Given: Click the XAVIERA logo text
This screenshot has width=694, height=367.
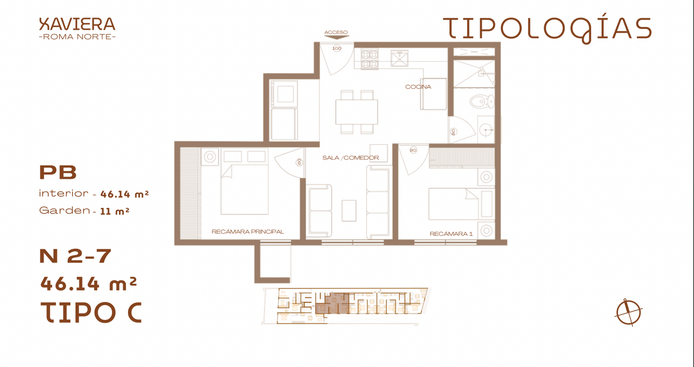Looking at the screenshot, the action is (77, 24).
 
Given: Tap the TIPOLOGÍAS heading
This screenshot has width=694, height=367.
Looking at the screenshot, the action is (547, 28).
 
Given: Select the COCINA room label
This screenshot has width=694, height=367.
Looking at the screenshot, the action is (418, 87).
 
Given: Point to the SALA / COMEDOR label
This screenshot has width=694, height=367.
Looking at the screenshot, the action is (351, 158).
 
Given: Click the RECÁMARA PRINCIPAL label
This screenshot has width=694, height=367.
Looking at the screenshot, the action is (248, 232).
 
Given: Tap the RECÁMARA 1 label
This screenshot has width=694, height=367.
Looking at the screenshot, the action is (451, 234).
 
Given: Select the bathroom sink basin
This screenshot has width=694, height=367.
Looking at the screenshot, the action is (486, 130).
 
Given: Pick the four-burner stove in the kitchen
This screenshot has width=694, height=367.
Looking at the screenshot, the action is (370, 59).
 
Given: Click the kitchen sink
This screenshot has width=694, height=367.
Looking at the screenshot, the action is (399, 59).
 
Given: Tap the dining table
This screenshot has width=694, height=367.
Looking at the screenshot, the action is (356, 112).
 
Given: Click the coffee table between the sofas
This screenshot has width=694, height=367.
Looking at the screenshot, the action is (349, 211).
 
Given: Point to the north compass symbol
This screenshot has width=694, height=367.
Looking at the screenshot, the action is (629, 312).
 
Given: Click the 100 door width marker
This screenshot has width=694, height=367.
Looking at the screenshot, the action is (337, 48).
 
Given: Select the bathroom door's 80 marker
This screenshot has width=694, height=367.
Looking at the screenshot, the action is (453, 132).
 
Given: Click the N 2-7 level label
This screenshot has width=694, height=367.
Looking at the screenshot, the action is (75, 256).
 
